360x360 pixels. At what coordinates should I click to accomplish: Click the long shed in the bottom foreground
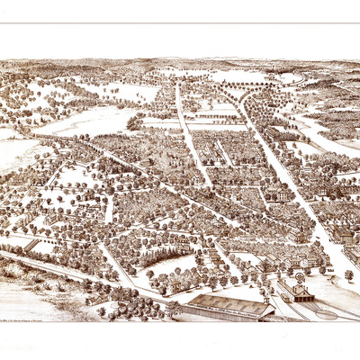pyautogui.click(x=226, y=308)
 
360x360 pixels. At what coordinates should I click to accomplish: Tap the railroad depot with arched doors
pyautogui.click(x=296, y=292)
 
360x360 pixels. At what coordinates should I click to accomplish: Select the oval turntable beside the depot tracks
pyautogui.click(x=326, y=314)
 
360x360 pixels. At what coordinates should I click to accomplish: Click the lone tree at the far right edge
pyautogui.click(x=348, y=274)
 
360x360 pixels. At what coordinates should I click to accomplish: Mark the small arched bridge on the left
pyautogui.click(x=32, y=245)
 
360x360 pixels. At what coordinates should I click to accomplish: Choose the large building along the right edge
pyautogui.click(x=342, y=235)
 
